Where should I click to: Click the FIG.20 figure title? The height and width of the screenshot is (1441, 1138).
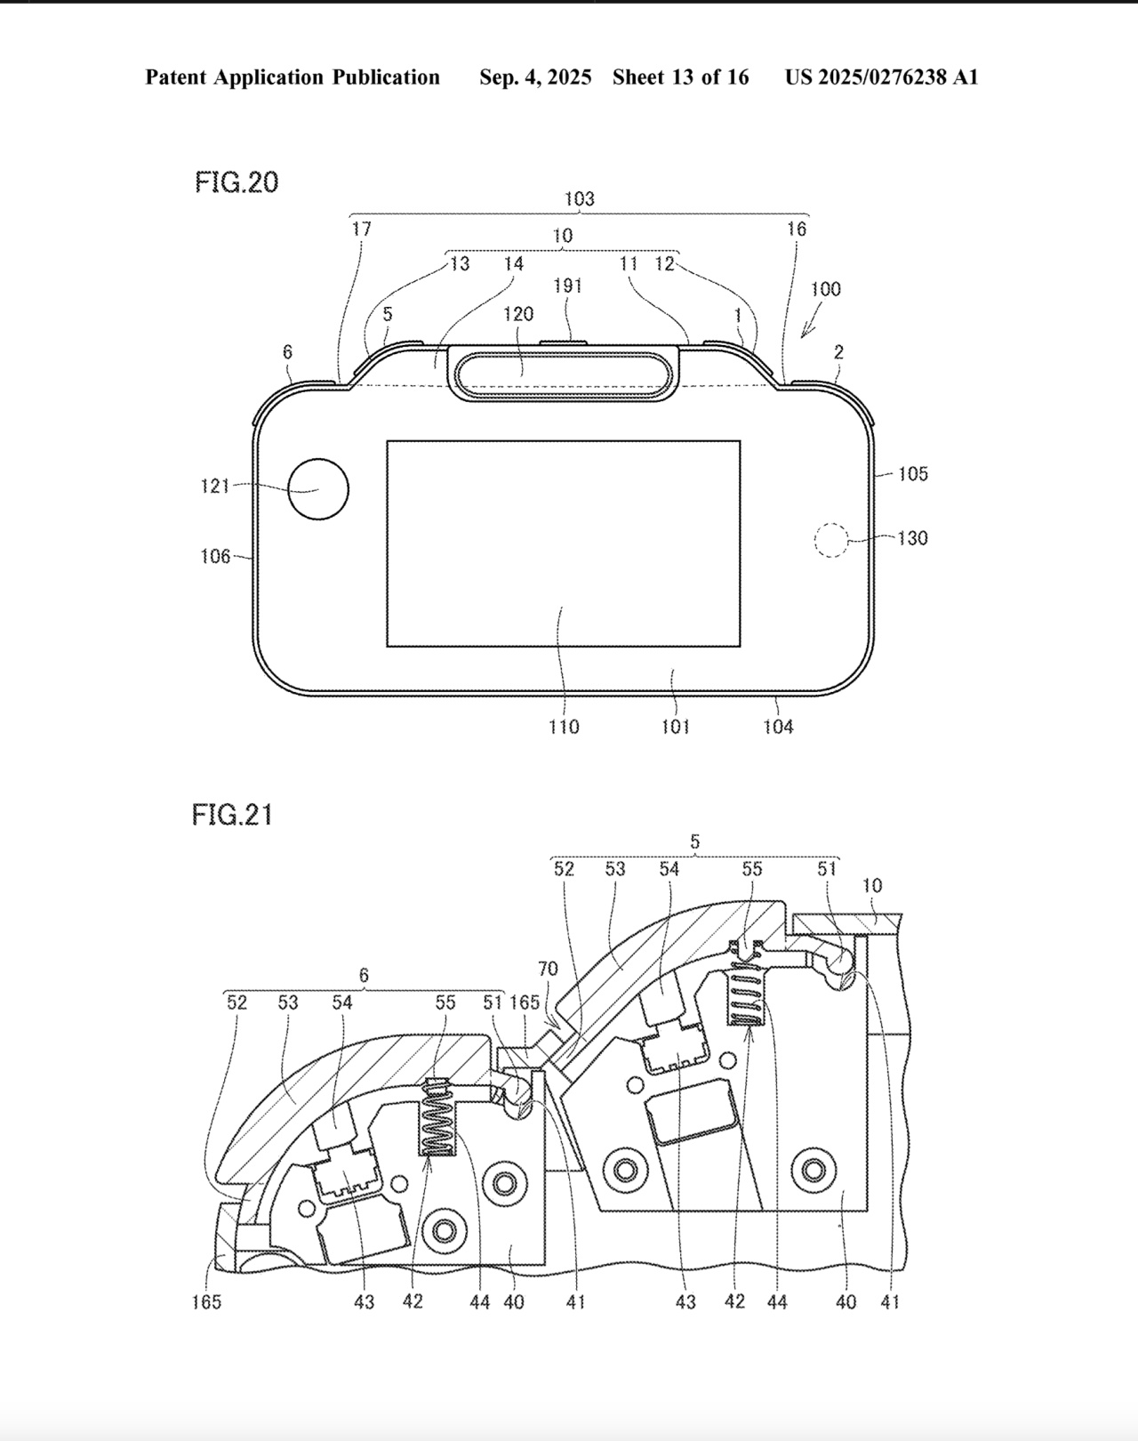pyautogui.click(x=236, y=182)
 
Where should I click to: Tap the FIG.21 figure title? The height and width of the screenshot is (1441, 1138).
pyautogui.click(x=232, y=815)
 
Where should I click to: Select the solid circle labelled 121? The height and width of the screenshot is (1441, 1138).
pyautogui.click(x=318, y=489)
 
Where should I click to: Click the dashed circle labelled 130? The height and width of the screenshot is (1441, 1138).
pyautogui.click(x=830, y=540)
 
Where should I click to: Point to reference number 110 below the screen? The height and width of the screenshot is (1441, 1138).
pyautogui.click(x=564, y=727)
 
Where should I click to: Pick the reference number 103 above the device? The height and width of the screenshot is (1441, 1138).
pyautogui.click(x=579, y=199)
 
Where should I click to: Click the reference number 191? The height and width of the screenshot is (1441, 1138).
pyautogui.click(x=567, y=286)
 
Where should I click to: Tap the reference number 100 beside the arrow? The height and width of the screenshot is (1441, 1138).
pyautogui.click(x=825, y=289)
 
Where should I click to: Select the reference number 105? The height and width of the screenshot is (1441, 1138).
pyautogui.click(x=912, y=474)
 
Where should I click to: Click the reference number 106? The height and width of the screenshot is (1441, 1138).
pyautogui.click(x=215, y=557)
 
